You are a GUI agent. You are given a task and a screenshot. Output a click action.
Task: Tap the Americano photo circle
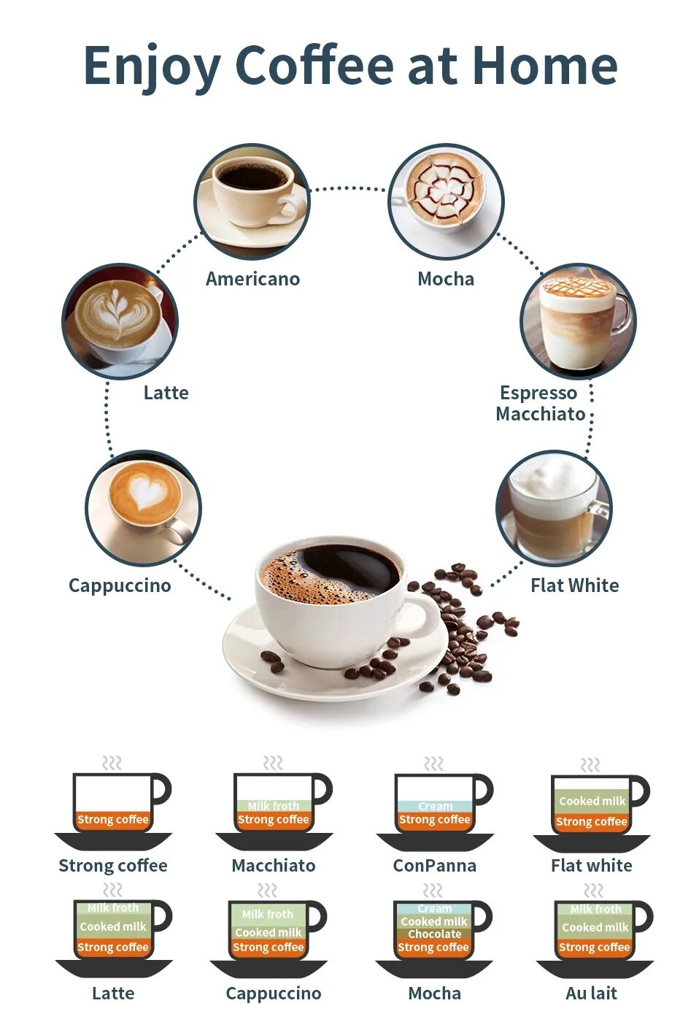[x=252, y=201]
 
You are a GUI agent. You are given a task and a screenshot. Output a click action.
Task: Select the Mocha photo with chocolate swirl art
[x=446, y=200]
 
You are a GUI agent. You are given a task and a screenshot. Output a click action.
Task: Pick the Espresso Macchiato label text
[x=540, y=403]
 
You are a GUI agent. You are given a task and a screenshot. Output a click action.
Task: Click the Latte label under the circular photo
[x=166, y=393]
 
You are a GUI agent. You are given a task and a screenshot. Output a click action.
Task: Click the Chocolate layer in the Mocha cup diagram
[x=434, y=934]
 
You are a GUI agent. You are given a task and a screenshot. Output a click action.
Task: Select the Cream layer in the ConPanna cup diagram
[x=435, y=806]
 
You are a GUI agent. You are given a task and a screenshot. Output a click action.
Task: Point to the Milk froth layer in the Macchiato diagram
[x=273, y=806]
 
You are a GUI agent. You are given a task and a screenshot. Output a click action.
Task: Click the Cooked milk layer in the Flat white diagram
[x=592, y=801]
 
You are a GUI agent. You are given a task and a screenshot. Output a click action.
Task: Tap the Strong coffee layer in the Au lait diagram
[x=594, y=947]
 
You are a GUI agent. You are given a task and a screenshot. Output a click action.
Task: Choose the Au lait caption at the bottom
[x=591, y=993]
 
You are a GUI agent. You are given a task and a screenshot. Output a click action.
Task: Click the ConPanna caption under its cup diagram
[x=434, y=866]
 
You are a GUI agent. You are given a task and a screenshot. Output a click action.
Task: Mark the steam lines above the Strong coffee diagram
[x=112, y=764]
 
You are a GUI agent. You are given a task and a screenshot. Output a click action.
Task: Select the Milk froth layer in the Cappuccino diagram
[x=268, y=914]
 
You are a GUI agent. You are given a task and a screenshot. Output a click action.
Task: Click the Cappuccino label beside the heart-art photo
[x=120, y=585]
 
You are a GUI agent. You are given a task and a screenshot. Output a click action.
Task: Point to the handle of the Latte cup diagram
[x=163, y=915]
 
